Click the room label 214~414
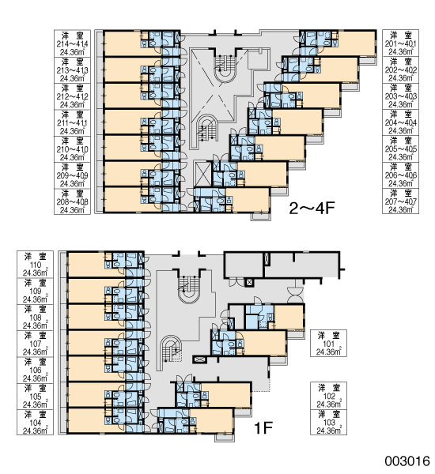(72, 43)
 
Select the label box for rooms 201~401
(400, 43)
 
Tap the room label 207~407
(400, 201)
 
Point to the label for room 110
(35, 264)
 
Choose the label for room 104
(35, 423)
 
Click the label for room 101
(328, 344)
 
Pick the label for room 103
(328, 422)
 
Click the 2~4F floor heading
(312, 208)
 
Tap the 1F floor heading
(263, 427)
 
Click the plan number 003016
(407, 461)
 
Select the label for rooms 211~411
(72, 122)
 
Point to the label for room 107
(35, 344)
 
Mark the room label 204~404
(400, 122)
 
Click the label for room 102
(328, 396)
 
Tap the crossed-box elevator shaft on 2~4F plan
(203, 173)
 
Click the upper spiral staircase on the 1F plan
(189, 288)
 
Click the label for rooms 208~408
(72, 201)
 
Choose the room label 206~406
(400, 175)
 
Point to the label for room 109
(35, 291)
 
